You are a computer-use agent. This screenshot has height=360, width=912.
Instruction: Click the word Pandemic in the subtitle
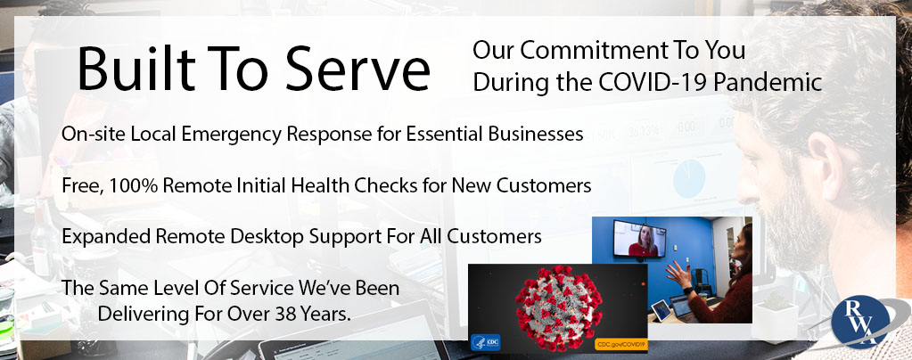(768, 82)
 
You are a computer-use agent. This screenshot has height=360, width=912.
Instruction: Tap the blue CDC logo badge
(486, 342)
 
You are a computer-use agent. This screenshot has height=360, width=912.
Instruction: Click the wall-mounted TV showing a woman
(640, 239)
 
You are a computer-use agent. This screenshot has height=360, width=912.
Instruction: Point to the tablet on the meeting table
(661, 310)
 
